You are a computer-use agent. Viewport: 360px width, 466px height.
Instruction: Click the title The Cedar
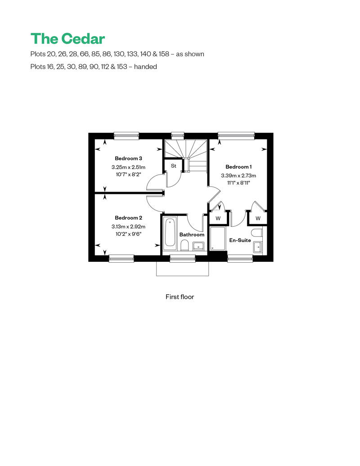pos(68,39)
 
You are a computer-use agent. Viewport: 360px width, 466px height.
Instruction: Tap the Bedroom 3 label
pos(128,158)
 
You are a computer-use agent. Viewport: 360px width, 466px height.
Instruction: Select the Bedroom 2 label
pos(128,218)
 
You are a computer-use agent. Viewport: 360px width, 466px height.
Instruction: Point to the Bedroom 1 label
pos(238,167)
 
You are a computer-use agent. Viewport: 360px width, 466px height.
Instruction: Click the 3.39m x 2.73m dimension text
pos(238,175)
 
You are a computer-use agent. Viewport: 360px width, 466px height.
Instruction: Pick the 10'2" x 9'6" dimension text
pos(128,234)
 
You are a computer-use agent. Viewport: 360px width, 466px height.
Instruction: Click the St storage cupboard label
pos(174,166)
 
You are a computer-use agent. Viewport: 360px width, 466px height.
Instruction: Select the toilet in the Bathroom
pos(184,246)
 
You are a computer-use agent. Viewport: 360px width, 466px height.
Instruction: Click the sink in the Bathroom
pos(198,246)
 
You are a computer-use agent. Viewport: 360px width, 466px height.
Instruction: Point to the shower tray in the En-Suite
pos(218,239)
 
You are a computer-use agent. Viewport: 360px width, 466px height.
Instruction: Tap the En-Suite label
pos(240,240)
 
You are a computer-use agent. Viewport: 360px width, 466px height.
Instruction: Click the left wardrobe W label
pos(218,219)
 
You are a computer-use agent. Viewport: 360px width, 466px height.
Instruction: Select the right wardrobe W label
pos(258,219)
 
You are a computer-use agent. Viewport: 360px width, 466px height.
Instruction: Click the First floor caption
pos(180,297)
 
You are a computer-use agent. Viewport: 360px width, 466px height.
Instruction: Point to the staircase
pos(186,156)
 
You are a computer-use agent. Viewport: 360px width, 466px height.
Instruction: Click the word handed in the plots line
pos(145,67)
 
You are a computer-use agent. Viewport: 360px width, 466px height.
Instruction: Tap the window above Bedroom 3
pos(126,136)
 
